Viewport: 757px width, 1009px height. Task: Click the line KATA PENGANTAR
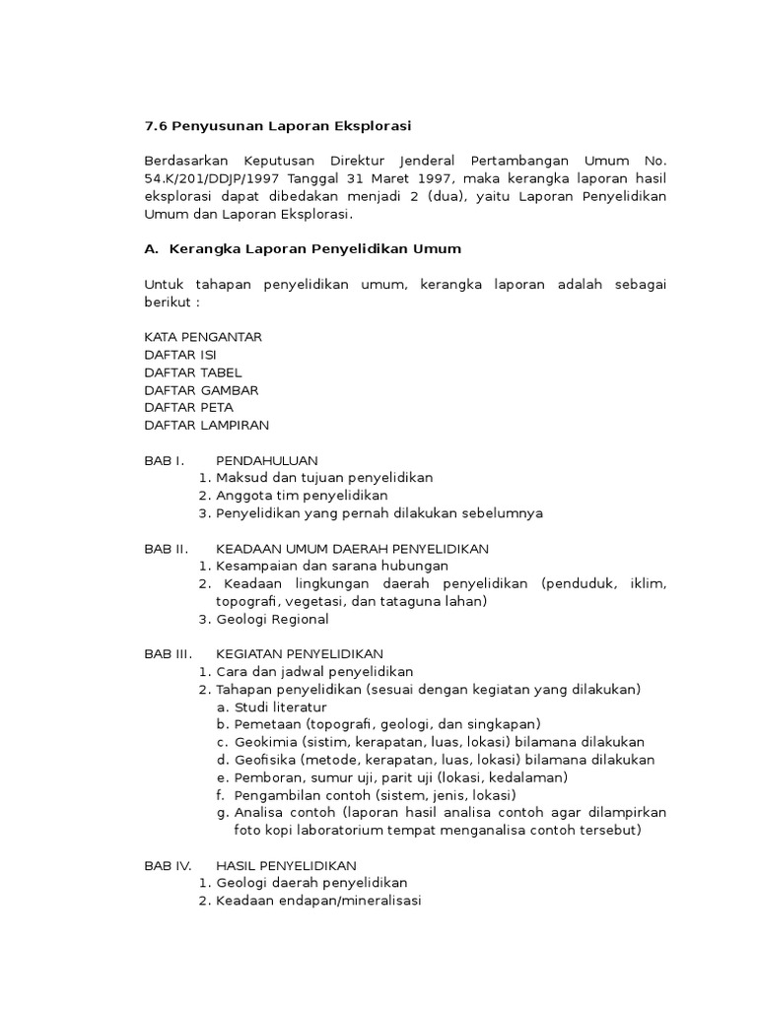pos(202,337)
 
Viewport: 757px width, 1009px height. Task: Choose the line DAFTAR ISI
pos(179,355)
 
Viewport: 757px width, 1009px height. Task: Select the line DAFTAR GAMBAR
pos(201,390)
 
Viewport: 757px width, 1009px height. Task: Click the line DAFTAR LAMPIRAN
pos(206,426)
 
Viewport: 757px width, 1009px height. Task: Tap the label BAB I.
pos(165,460)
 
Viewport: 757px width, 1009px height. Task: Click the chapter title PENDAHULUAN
pos(266,460)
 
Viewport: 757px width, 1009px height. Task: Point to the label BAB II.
pos(166,548)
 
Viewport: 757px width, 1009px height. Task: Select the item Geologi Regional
pos(272,620)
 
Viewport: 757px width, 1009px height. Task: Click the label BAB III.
pos(168,654)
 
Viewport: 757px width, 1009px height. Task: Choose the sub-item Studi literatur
pos(280,707)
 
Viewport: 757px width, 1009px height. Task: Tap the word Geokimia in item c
pos(264,742)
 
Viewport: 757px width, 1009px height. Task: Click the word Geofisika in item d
pos(264,760)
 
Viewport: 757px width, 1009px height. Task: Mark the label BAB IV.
pos(168,865)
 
